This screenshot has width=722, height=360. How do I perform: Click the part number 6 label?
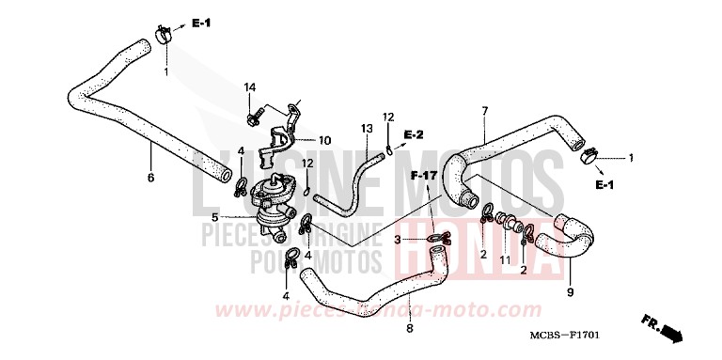[149, 176]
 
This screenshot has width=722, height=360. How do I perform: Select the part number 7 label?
[484, 112]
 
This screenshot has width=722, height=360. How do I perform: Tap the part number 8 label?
[410, 328]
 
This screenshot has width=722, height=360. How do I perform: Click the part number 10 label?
[324, 141]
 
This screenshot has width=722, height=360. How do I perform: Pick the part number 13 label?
[367, 127]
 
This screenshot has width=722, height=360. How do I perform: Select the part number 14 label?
[250, 87]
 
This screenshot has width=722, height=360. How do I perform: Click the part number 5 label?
[215, 216]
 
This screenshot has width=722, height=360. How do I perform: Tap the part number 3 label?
[398, 240]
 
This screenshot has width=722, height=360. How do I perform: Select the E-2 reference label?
[415, 135]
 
